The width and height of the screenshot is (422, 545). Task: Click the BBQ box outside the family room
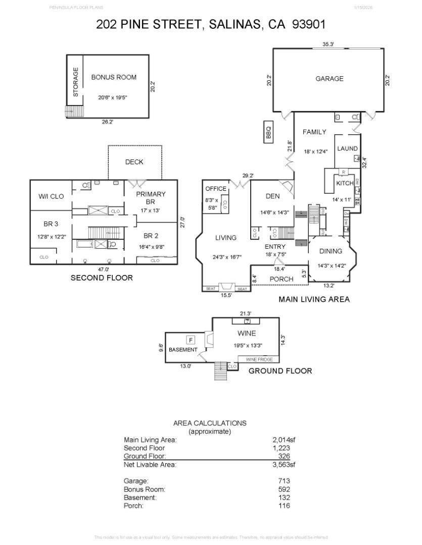[x=269, y=132]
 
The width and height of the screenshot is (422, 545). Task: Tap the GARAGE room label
[x=329, y=79]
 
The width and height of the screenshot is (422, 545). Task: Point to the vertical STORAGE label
[x=76, y=82]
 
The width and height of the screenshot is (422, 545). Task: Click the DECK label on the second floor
[x=134, y=162]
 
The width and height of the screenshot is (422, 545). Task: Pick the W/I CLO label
[x=51, y=196]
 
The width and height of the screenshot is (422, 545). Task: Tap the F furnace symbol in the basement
[x=192, y=340]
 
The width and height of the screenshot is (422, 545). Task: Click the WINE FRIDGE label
[x=259, y=359]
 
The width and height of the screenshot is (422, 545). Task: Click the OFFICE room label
[x=216, y=189]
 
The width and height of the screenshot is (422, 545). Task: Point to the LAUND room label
[x=347, y=148]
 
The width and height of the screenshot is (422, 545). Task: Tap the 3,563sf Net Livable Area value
[x=284, y=465]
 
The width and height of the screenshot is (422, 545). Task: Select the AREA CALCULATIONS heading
[x=210, y=423]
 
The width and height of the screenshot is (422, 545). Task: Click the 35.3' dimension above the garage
[x=328, y=44]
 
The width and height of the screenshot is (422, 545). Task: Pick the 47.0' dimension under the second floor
[x=104, y=269]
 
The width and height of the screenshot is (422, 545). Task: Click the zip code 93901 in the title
[x=308, y=24]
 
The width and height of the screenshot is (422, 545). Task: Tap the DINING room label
[x=331, y=251]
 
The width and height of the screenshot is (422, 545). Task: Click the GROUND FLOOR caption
[x=280, y=371]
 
